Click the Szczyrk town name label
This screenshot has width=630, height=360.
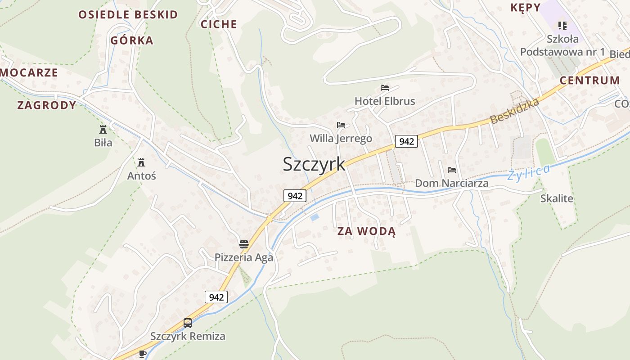pos(314,164)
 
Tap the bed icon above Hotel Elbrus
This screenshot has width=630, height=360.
pos(384,87)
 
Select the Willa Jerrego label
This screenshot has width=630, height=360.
pos(341,138)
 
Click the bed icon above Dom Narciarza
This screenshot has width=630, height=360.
pos(452,170)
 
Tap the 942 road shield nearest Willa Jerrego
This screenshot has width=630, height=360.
pos(406,141)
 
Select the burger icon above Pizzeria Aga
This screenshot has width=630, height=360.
pos(244,244)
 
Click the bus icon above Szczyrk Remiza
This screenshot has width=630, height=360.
pos(188,323)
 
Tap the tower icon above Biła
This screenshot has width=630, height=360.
pos(103,130)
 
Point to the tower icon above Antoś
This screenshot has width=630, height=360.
pos(141,162)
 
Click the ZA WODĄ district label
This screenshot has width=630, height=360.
pos(366,232)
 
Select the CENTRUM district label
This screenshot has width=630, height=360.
pos(589,81)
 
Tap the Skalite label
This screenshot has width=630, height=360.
pos(557,198)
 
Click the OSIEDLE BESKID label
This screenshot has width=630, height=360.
pos(128,14)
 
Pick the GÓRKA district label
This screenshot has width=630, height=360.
pos(132,40)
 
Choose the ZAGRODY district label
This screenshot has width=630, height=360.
pos(47,105)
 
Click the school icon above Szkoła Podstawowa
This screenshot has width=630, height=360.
pos(562,25)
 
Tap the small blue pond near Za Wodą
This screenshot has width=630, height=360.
pos(315,217)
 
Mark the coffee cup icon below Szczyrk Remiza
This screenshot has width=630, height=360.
pos(143,354)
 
